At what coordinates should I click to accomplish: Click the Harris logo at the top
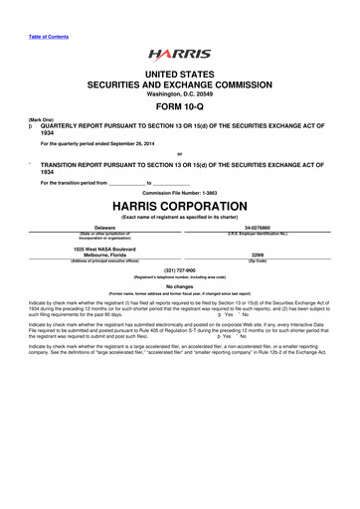[179, 56]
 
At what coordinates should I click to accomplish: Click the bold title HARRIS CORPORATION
[180, 211]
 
